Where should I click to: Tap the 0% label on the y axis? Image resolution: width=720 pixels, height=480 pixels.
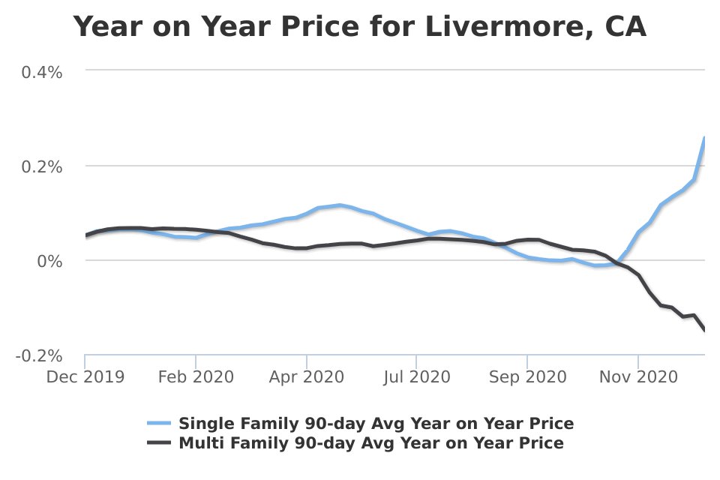(x=50, y=261)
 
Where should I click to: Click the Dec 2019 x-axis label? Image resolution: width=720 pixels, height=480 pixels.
(x=85, y=376)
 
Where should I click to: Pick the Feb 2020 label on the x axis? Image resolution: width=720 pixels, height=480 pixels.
(x=196, y=376)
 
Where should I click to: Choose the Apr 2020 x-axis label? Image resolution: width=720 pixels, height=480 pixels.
(x=307, y=376)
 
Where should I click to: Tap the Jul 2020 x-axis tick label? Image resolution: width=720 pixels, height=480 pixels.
(x=417, y=376)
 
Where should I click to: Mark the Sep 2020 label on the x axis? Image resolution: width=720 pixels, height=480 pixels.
(x=527, y=376)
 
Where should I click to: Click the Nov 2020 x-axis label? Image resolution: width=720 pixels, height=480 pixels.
(x=638, y=376)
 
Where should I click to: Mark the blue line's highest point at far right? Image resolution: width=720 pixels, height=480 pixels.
(x=704, y=138)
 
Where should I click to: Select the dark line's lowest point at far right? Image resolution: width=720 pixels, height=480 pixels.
(x=704, y=330)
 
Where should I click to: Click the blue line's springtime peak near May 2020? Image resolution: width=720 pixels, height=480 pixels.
(x=340, y=205)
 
